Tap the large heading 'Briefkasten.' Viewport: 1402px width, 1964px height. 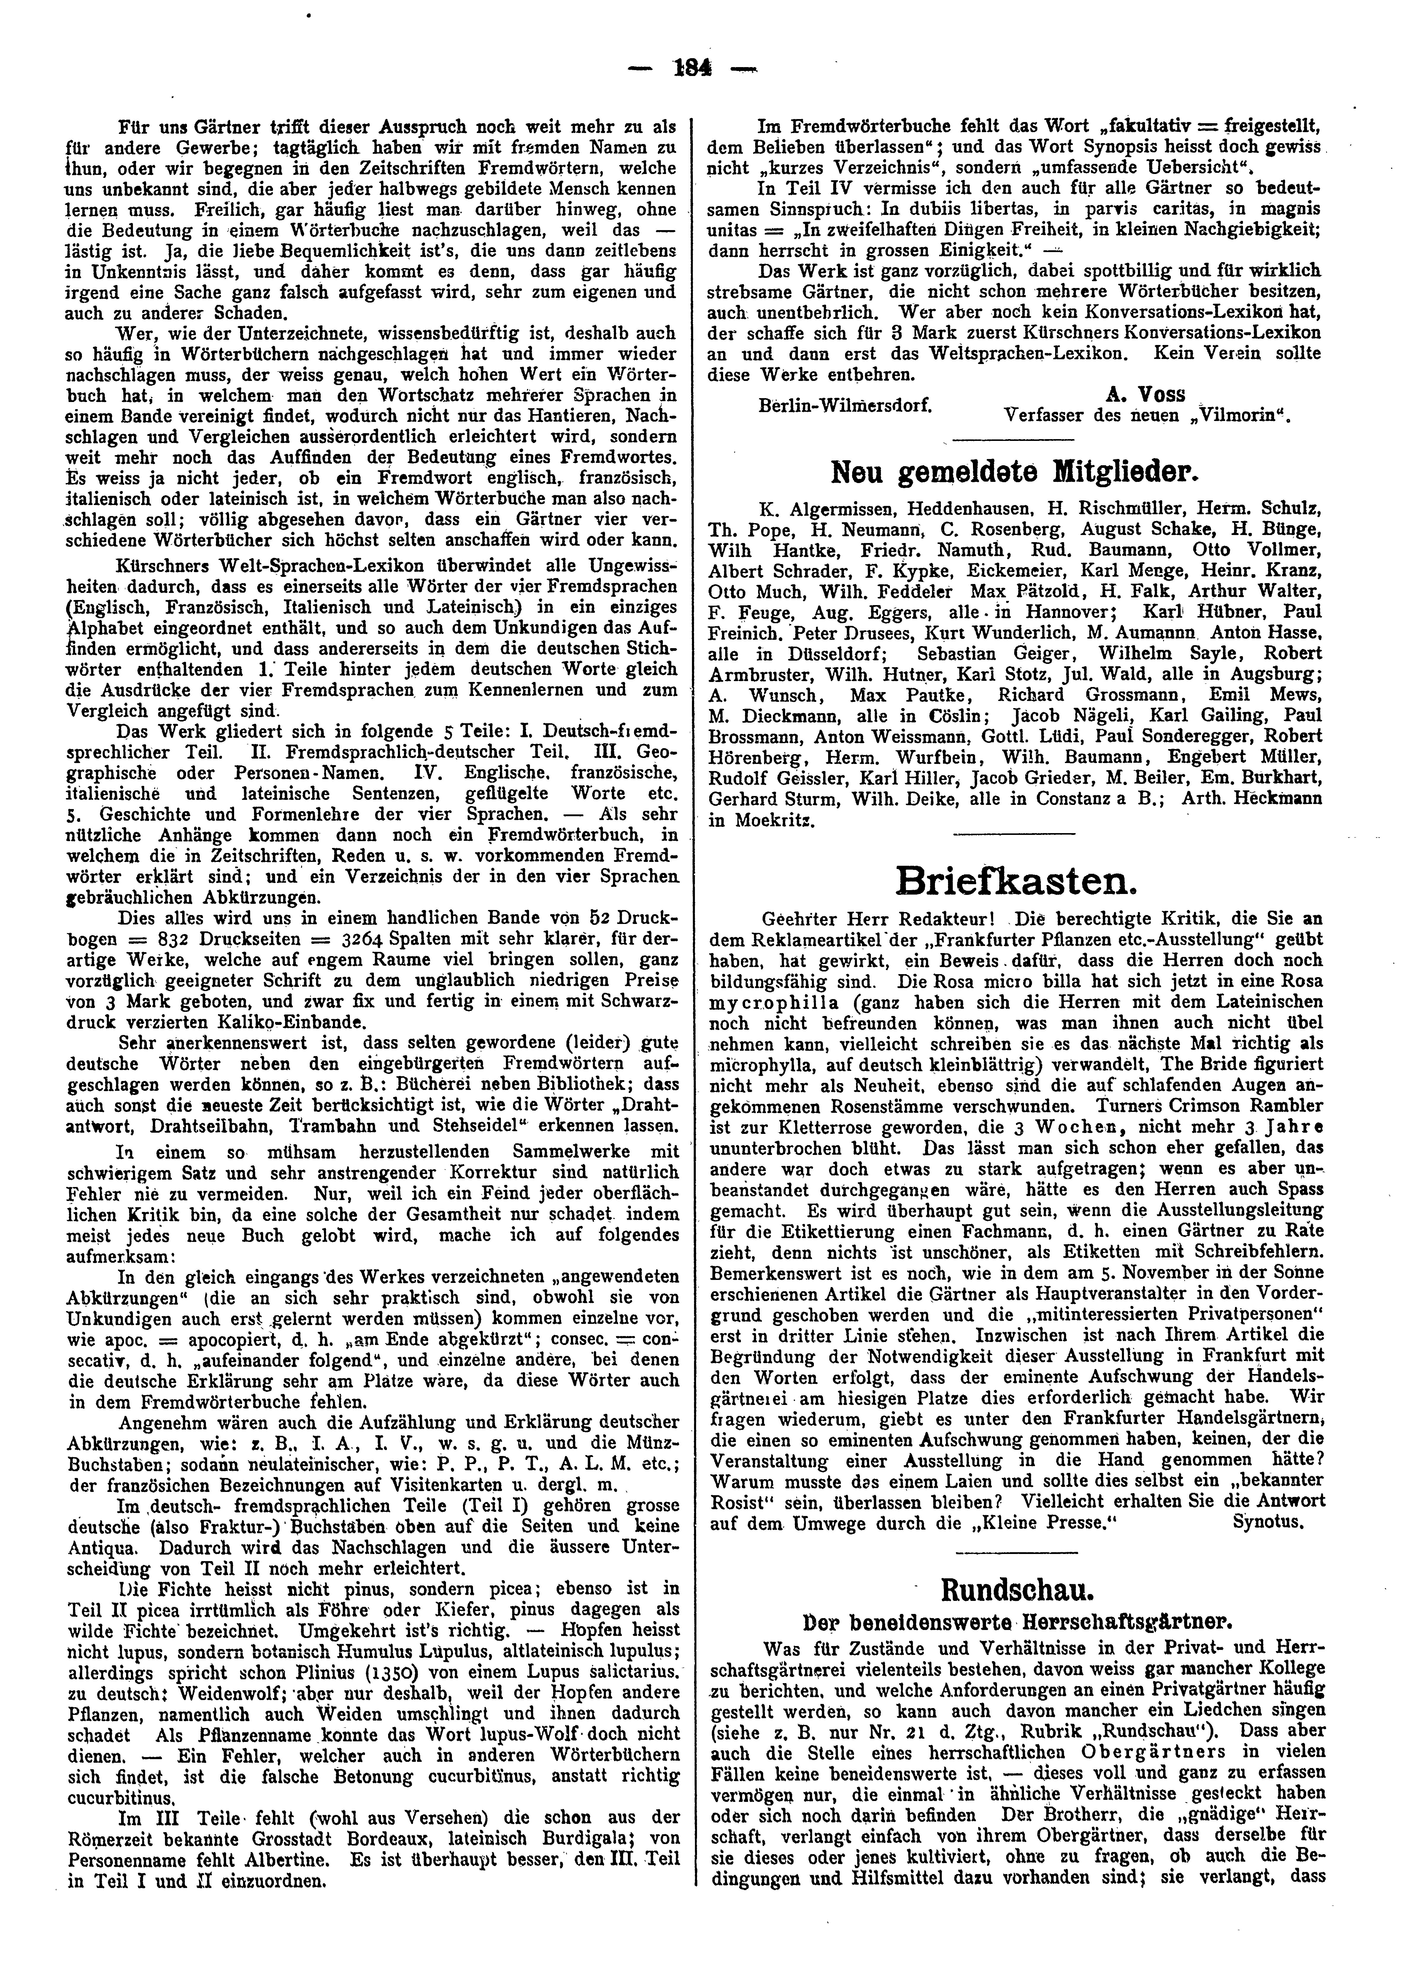click(x=1012, y=880)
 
